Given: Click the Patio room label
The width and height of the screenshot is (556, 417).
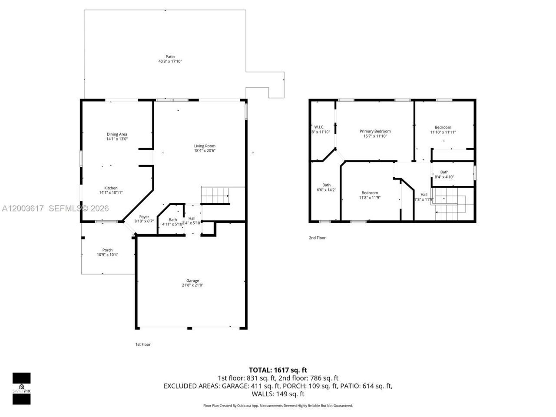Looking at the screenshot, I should pos(170,56).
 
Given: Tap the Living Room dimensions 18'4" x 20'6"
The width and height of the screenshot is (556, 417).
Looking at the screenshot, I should pos(205,151).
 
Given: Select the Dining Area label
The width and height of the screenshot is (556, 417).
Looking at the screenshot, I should pos(117,134).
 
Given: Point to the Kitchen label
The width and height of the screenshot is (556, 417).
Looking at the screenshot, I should pos(111,188).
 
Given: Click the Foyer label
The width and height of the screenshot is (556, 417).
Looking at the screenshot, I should pos(144,217).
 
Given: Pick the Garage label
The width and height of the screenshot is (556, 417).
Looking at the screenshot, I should pos(192,281).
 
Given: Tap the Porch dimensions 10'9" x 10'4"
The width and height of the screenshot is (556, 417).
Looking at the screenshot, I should pos(107,255).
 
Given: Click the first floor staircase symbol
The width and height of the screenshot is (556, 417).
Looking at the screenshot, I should pos(215,195).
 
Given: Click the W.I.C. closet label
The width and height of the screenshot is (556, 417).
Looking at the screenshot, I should pos(319,127).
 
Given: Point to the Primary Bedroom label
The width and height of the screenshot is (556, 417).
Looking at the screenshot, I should pos(375,131).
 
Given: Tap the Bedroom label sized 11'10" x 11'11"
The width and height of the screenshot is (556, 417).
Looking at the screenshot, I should pos(443,127).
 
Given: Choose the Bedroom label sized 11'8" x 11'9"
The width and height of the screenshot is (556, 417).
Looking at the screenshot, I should pos(370,193).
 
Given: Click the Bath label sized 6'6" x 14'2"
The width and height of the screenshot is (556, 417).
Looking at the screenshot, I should pos(326,185).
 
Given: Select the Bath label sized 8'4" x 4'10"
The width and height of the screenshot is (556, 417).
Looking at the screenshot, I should pos(444,172).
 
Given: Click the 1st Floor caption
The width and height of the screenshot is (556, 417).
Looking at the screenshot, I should pos(143,344).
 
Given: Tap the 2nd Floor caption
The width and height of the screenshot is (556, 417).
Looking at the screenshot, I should pos(317,238).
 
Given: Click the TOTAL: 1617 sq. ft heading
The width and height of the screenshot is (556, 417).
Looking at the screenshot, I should pos(278,370).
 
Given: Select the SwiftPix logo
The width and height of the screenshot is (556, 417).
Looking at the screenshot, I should pos(21,388).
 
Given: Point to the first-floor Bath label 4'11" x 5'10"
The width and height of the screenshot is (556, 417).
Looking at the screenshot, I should pos(173,220).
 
